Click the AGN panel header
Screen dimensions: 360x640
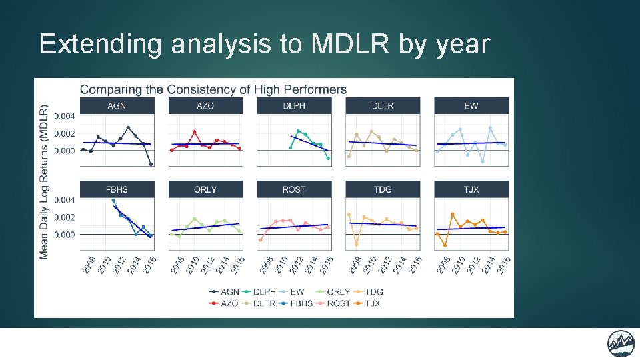tap(117, 106)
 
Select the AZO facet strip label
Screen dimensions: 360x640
tap(205, 106)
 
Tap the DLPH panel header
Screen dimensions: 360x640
tap(294, 106)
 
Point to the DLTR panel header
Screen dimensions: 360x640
tap(383, 106)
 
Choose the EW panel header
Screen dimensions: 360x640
tap(471, 106)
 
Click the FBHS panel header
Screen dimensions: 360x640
tap(117, 189)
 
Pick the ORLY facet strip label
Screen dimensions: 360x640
tap(205, 189)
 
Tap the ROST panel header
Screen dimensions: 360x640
tap(294, 189)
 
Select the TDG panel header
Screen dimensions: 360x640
tap(383, 189)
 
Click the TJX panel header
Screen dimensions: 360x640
tap(471, 189)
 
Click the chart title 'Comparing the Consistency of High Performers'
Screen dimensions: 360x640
tap(213, 89)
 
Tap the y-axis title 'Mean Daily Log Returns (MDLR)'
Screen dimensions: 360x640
tap(44, 181)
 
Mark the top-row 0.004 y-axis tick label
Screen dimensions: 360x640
tap(65, 116)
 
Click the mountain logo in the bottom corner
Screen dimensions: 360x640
tap(621, 343)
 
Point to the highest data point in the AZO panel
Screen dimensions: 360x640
tap(194, 132)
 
